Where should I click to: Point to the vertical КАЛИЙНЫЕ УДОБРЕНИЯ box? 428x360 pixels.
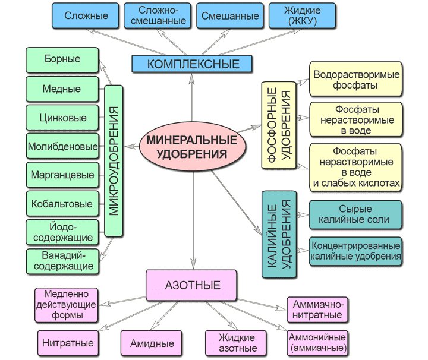278,235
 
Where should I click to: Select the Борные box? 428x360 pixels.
62,59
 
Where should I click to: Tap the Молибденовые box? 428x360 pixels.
62,146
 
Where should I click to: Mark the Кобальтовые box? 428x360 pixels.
62,204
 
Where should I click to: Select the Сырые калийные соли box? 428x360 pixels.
355,214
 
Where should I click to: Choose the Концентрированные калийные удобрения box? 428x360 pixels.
355,252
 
